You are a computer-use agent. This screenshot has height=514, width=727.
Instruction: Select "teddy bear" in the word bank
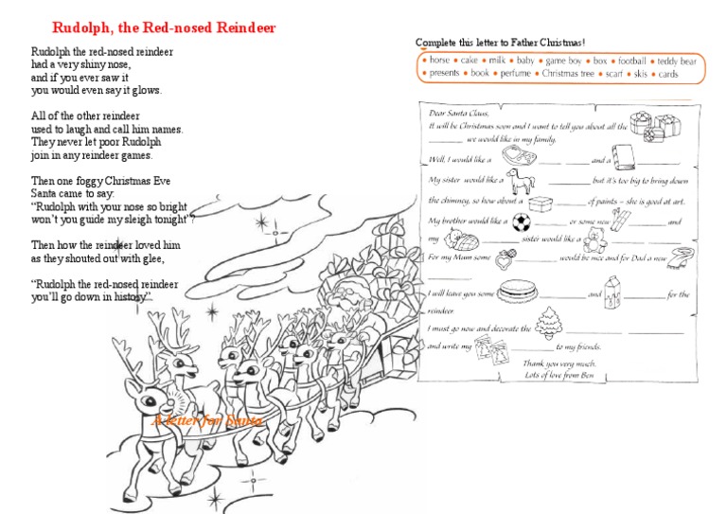(x=677, y=61)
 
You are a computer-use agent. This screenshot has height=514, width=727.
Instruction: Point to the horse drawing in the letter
(x=518, y=180)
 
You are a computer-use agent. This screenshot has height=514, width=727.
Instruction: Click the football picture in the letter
(x=522, y=224)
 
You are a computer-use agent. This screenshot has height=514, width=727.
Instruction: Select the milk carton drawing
(x=613, y=288)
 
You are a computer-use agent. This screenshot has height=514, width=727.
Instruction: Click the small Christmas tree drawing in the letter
(x=548, y=322)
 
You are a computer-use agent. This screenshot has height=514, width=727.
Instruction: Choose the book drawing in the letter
(x=624, y=155)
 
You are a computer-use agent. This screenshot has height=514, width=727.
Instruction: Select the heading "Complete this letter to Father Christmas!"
(x=500, y=43)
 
